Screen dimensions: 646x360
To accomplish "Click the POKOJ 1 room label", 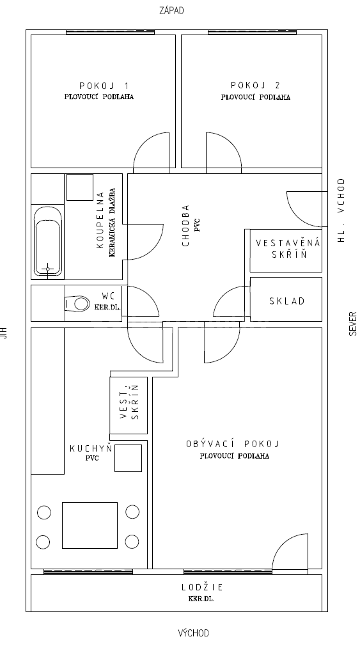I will click(104, 85).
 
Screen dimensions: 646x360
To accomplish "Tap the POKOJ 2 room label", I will click(255, 85).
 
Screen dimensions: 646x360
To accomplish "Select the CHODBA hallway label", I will click(186, 225).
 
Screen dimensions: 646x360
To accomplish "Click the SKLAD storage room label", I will click(286, 301).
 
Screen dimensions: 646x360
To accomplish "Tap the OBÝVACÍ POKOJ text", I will click(233, 444).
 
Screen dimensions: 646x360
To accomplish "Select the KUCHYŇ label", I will click(90, 449).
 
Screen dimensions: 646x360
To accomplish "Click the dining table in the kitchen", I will click(90, 525).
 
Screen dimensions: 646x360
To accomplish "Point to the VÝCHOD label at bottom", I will click(193, 633).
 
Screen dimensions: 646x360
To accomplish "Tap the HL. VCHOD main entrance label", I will click(341, 210).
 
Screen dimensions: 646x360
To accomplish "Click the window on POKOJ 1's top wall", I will click(111, 32).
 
